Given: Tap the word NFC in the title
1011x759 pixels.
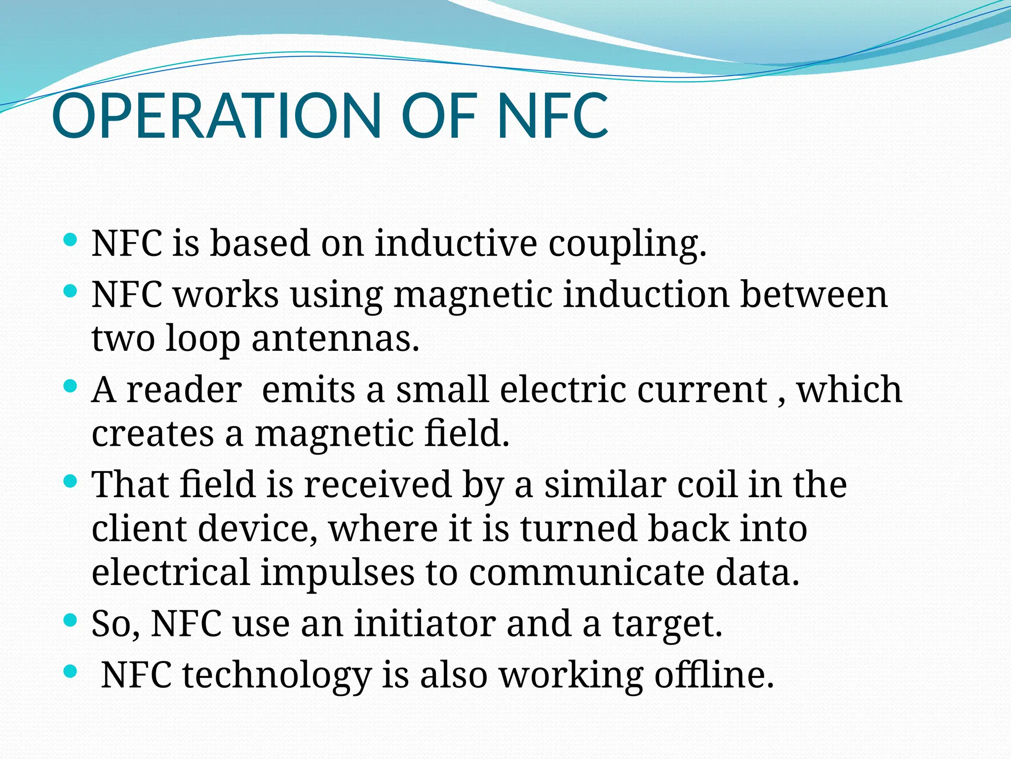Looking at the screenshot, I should [x=553, y=116].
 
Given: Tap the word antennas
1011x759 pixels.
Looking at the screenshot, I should [x=336, y=339].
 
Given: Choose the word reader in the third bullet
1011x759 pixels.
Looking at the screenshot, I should [x=184, y=390].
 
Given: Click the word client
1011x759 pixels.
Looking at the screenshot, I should [x=139, y=528].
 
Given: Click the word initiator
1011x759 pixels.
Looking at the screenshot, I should [x=425, y=624].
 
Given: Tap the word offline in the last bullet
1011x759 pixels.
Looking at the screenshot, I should [x=713, y=675].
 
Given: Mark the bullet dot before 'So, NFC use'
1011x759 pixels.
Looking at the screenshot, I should [x=71, y=620].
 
